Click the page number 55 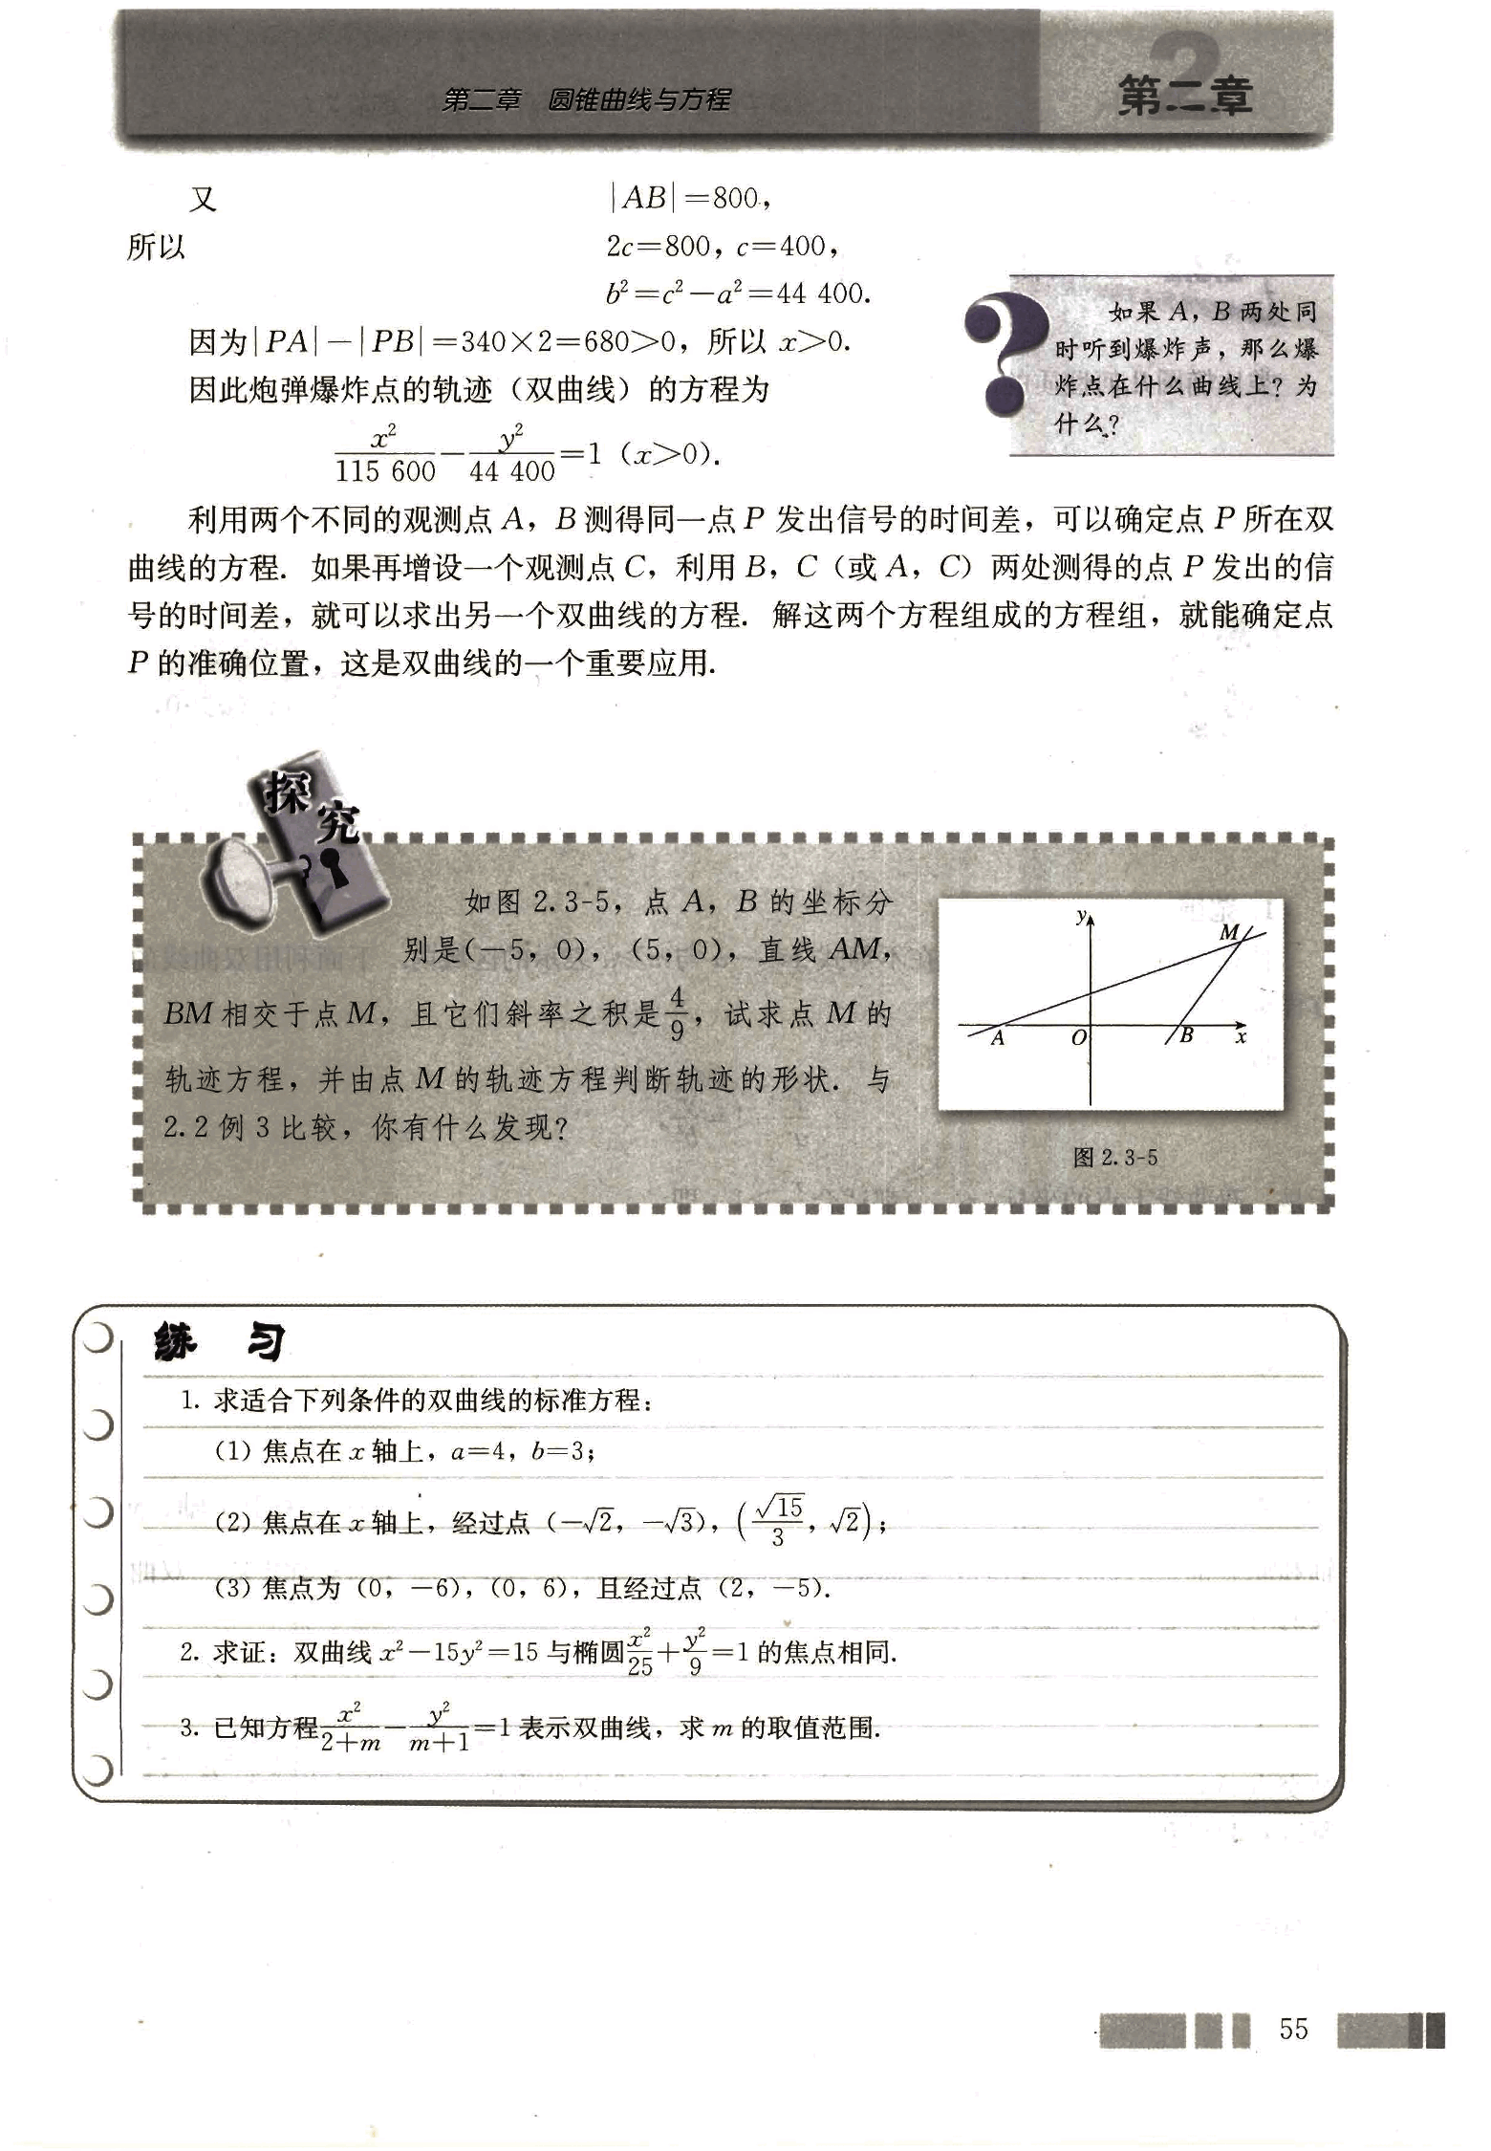click(1293, 2029)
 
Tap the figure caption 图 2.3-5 click(1114, 1158)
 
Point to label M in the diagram click(1229, 932)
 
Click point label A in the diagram click(998, 1038)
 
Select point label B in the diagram click(1186, 1034)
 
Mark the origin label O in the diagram click(1078, 1038)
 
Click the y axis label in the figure click(1081, 917)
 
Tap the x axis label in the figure click(1241, 1036)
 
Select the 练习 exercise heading click(219, 1342)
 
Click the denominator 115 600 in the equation click(385, 471)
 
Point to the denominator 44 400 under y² click(512, 471)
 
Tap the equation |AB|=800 click(688, 198)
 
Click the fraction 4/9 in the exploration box click(677, 1013)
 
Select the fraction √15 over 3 click(778, 1520)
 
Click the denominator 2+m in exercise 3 click(351, 1742)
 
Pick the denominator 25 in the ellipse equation click(639, 1666)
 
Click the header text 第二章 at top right click(1185, 97)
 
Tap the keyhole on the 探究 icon click(335, 867)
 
